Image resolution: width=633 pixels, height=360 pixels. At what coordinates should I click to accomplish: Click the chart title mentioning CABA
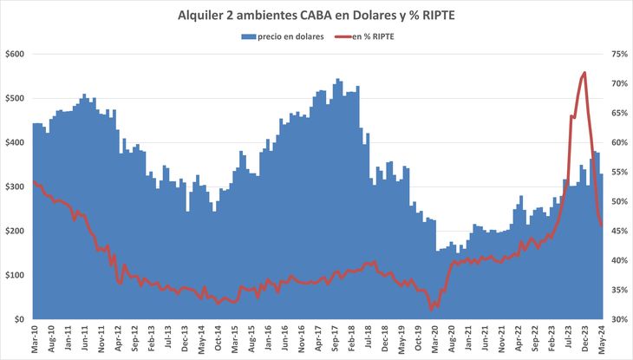click(316, 15)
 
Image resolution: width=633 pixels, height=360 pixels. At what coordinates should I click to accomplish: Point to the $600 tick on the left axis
click(15, 54)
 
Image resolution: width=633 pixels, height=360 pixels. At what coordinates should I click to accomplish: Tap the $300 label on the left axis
click(15, 187)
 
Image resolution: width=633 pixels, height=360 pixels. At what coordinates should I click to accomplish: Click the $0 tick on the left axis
click(19, 319)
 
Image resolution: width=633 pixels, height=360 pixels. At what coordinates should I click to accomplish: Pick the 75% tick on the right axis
click(618, 54)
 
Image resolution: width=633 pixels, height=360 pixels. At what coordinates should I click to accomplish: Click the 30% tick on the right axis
click(618, 319)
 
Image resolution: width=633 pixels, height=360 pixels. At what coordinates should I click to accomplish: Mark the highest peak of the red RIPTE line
click(584, 73)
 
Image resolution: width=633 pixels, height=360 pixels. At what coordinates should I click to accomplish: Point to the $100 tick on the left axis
click(15, 275)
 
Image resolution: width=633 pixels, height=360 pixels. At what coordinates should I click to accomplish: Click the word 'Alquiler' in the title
click(203, 15)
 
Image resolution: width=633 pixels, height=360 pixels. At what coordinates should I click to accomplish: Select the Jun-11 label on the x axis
click(88, 340)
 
